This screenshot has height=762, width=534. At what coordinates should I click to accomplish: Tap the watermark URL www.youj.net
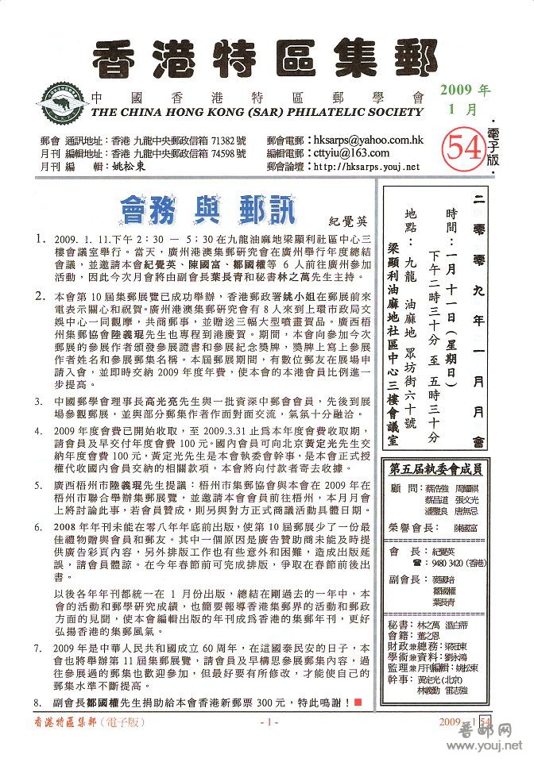493,747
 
